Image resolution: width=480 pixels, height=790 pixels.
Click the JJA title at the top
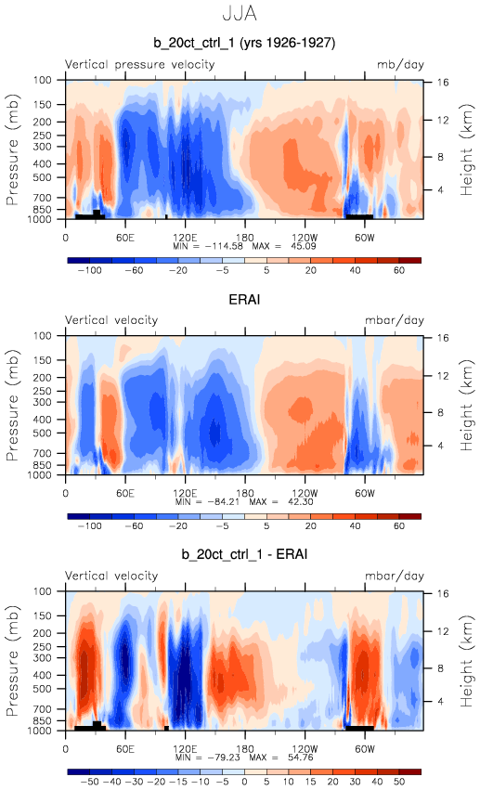tap(240, 14)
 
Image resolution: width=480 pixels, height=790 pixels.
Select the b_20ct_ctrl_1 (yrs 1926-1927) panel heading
tap(244, 43)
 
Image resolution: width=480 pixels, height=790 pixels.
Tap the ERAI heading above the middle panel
tap(244, 299)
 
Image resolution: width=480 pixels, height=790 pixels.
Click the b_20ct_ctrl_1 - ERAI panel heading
tap(244, 554)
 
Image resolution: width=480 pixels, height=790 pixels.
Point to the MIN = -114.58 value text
tap(208, 246)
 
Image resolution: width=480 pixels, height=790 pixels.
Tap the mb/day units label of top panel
tap(400, 65)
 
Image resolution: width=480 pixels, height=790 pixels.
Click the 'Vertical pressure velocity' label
tap(139, 64)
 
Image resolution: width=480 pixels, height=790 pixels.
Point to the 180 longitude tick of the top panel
tap(245, 238)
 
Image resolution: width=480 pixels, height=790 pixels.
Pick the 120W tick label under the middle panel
tap(305, 493)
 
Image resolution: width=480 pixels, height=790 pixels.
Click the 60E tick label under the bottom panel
tap(125, 748)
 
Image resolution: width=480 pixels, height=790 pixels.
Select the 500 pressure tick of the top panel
tap(43, 177)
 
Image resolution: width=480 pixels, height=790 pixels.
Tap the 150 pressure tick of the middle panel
tap(43, 360)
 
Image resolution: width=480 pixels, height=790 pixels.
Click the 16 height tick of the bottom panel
tap(442, 593)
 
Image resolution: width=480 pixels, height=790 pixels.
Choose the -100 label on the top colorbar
tap(90, 270)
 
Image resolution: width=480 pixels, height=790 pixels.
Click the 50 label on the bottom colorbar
tap(399, 782)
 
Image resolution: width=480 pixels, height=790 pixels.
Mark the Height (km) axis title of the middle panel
tap(467, 405)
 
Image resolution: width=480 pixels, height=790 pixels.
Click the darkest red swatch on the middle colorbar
tap(409, 516)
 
